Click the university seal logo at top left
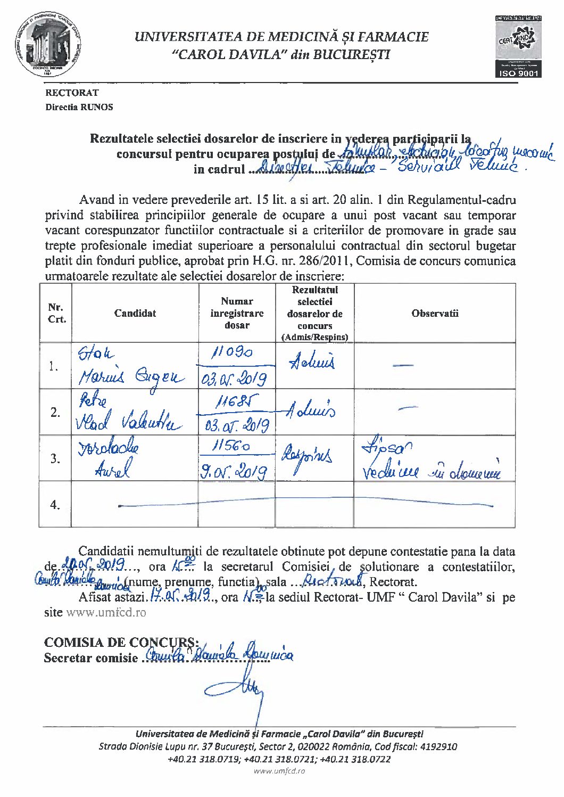pos(48,47)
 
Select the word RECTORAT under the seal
pos(72,93)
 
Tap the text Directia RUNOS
pos(79,107)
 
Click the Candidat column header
pos(135,313)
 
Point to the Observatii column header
pos(435,313)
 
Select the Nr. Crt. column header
pos(56,313)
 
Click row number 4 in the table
pos(55,504)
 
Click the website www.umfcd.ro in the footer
pos(279,771)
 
